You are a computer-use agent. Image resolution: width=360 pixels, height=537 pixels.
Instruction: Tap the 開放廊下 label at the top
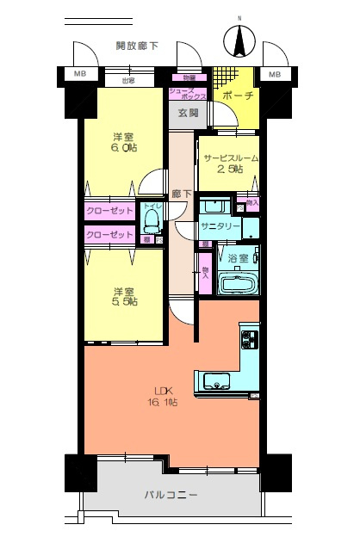pyautogui.click(x=137, y=46)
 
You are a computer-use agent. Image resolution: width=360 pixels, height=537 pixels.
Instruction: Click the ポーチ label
pyautogui.click(x=237, y=96)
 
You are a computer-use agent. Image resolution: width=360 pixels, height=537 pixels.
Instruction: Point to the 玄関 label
pyautogui.click(x=189, y=113)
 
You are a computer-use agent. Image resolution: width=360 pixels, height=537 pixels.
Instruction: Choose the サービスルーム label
pyautogui.click(x=230, y=158)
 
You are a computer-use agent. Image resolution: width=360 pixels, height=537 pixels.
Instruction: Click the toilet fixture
pyautogui.click(x=153, y=221)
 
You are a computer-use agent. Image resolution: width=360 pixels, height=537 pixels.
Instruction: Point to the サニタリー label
pyautogui.click(x=220, y=225)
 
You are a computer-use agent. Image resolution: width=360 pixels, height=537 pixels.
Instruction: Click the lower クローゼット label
pyautogui.click(x=109, y=234)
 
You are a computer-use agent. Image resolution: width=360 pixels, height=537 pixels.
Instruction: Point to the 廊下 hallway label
pyautogui.click(x=181, y=194)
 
